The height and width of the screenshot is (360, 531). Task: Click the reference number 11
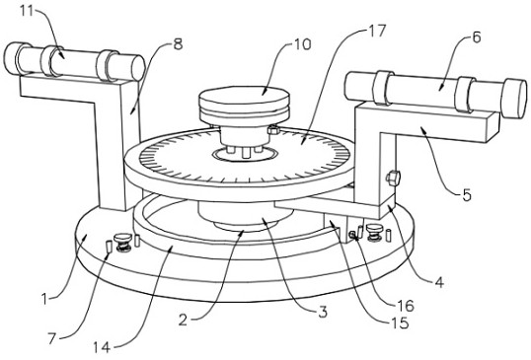tap(27, 11)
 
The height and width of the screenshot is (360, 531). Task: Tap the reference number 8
tap(178, 44)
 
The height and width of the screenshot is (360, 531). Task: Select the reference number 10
tap(302, 44)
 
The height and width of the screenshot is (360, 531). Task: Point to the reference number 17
tap(377, 31)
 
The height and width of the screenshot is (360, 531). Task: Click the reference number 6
tap(476, 37)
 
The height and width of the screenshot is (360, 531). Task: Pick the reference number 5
tap(467, 195)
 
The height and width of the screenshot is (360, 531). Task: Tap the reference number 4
tap(439, 282)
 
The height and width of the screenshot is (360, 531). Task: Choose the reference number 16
tap(406, 306)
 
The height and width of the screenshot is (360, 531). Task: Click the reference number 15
tap(401, 324)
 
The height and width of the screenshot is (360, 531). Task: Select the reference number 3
tap(323, 312)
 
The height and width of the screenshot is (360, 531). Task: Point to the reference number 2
tap(183, 320)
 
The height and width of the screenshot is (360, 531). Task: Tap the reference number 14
tap(102, 347)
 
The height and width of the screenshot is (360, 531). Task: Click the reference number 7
tap(51, 338)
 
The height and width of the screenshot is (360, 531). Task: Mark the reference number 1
tap(44, 299)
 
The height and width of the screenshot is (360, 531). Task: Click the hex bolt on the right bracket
tap(393, 178)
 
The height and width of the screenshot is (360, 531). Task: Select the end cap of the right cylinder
tap(515, 99)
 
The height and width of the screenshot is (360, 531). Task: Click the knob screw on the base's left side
tap(123, 243)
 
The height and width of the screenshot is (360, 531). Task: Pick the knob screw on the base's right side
tap(374, 233)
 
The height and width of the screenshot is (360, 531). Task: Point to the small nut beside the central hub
tap(273, 129)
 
